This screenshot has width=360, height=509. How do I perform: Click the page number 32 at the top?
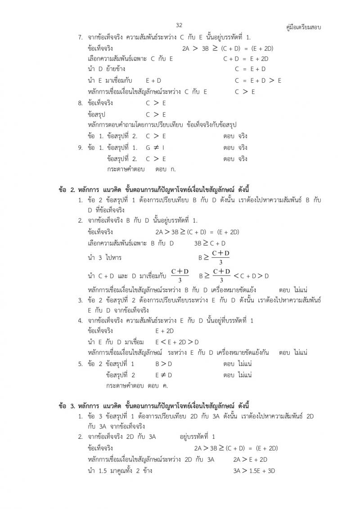tap(179, 25)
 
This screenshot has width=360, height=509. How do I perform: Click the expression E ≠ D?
tap(164, 375)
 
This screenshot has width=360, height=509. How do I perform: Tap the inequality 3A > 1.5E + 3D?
tap(254, 471)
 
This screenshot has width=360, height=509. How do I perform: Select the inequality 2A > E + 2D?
tap(250, 459)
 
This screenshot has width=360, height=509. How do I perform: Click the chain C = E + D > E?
tap(258, 80)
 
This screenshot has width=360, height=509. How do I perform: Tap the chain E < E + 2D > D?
tap(177, 342)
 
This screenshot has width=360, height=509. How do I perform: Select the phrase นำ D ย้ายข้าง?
tap(107, 69)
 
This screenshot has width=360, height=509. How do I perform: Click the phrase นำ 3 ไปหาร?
tap(105, 258)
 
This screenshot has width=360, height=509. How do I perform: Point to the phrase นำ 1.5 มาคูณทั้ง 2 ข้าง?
tap(120, 471)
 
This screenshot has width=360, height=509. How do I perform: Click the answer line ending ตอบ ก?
tap(141, 170)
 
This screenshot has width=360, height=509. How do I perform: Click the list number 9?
tap(81, 147)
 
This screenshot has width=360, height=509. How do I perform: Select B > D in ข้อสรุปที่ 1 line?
tap(164, 363)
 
